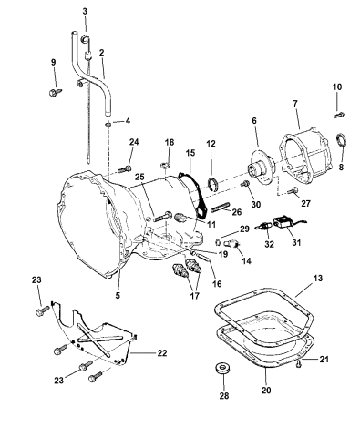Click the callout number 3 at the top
(84, 10)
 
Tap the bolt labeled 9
(56, 92)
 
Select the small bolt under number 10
(338, 114)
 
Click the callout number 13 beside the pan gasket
(317, 277)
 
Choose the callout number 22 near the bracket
(161, 353)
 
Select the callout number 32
(267, 244)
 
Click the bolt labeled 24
(125, 167)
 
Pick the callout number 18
(168, 143)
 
